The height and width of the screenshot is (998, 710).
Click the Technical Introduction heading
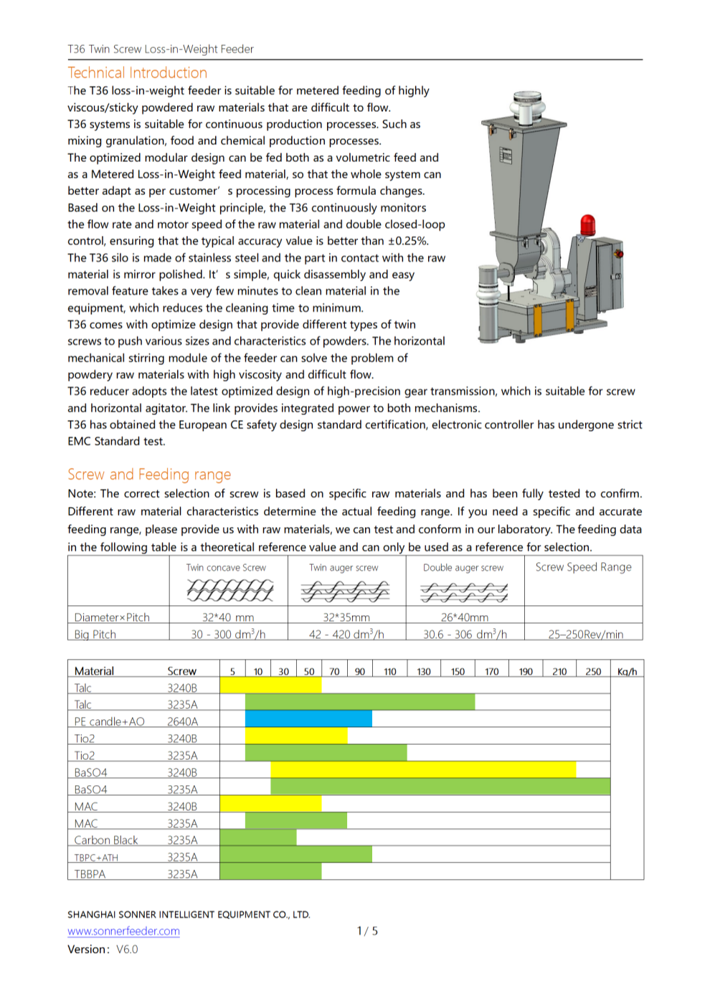click(x=137, y=73)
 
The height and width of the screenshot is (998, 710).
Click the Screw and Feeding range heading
click(x=149, y=475)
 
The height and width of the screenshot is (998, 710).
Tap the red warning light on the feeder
click(x=587, y=224)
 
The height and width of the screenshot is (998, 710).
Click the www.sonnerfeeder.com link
click(x=123, y=931)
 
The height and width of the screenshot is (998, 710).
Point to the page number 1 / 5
click(x=367, y=931)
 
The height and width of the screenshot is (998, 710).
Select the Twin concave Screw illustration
click(x=229, y=591)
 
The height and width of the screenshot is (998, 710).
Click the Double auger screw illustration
click(x=464, y=592)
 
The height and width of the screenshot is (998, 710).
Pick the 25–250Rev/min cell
click(x=585, y=635)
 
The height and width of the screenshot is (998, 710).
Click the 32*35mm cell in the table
click(x=346, y=617)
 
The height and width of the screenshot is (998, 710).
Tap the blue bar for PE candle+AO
click(x=308, y=718)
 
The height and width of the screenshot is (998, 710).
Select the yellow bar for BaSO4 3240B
click(x=423, y=770)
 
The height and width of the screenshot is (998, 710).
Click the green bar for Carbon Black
click(x=257, y=837)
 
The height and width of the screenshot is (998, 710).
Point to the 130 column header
click(x=424, y=671)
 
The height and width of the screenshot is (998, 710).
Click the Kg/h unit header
click(x=627, y=671)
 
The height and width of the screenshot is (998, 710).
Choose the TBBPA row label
click(x=90, y=874)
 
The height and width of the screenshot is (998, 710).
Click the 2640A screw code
click(x=182, y=721)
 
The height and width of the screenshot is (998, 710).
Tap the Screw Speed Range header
click(x=583, y=567)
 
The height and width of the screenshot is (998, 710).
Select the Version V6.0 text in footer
click(x=103, y=949)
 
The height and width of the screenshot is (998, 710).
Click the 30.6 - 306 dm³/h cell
click(x=465, y=635)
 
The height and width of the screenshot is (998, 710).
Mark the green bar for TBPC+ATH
click(x=295, y=854)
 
